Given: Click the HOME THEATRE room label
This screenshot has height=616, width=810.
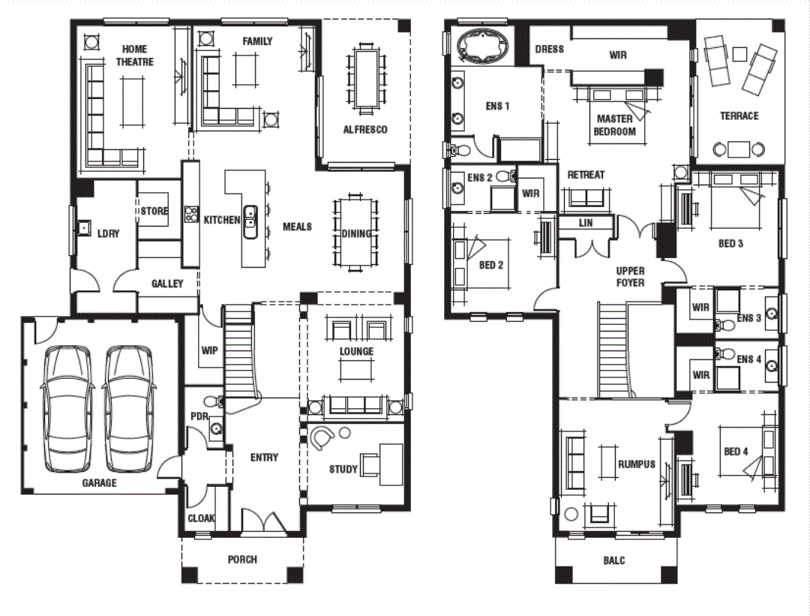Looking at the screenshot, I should tap(134, 56).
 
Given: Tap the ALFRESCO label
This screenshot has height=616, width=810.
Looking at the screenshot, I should tap(365, 130).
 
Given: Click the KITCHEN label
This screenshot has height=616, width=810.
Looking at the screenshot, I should tap(222, 221).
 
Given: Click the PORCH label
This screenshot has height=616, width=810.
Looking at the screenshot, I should tap(242, 560).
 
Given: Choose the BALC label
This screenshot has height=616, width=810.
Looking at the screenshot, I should tap(613, 560).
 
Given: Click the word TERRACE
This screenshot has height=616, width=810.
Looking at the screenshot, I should tap(739, 116).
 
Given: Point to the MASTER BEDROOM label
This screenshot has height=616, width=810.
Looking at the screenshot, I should tap(614, 125).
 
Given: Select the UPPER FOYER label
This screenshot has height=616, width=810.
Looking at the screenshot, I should tap(630, 277).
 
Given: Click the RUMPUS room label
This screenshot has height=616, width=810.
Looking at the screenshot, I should tap(637, 464).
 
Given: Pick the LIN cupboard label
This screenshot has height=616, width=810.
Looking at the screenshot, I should tap(586, 223).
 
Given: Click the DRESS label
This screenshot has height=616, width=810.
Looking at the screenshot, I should tap(550, 50).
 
